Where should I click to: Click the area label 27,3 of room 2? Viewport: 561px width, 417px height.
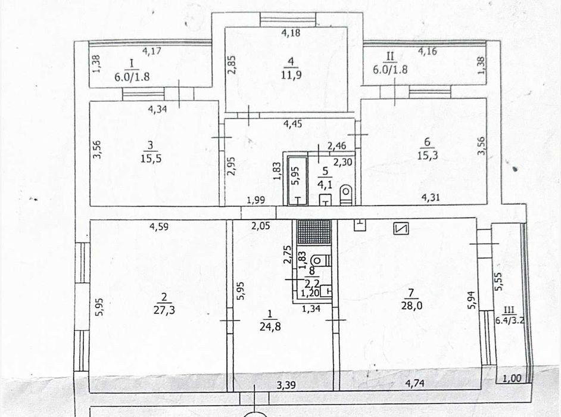pyautogui.click(x=164, y=310)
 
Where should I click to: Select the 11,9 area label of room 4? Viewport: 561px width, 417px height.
pyautogui.click(x=291, y=75)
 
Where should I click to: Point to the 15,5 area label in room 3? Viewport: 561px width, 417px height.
pyautogui.click(x=151, y=158)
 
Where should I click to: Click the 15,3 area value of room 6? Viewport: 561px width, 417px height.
pyautogui.click(x=428, y=155)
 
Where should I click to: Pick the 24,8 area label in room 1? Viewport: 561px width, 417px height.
pyautogui.click(x=270, y=326)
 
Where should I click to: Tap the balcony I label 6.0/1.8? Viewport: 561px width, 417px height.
pyautogui.click(x=132, y=77)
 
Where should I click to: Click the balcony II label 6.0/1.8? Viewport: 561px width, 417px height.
pyautogui.click(x=390, y=69)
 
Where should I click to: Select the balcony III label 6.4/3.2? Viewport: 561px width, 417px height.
pyautogui.click(x=510, y=320)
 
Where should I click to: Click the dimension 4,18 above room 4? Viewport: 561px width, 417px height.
pyautogui.click(x=291, y=33)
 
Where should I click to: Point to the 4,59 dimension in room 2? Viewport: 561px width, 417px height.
pyautogui.click(x=159, y=226)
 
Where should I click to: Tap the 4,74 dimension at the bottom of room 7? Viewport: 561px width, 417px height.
pyautogui.click(x=415, y=384)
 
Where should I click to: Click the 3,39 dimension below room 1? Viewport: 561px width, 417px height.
pyautogui.click(x=287, y=385)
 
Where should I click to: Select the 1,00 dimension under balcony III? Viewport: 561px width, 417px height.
pyautogui.click(x=512, y=378)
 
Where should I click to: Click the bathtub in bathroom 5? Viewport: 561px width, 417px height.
pyautogui.click(x=298, y=181)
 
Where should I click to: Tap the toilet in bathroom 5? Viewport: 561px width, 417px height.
pyautogui.click(x=346, y=195)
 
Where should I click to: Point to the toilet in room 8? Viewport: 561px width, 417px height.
pyautogui.click(x=320, y=260)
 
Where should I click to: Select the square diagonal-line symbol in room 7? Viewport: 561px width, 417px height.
pyautogui.click(x=401, y=228)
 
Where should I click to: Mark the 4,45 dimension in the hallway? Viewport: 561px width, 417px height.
pyautogui.click(x=292, y=124)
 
